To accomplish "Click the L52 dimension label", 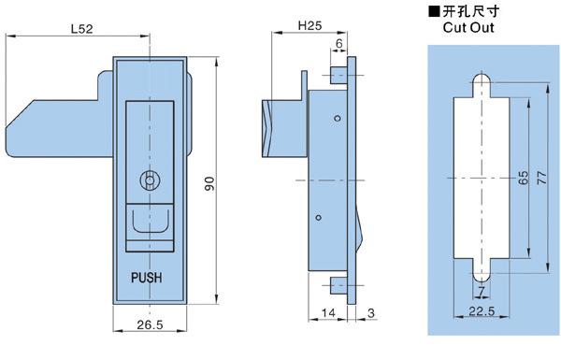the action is [81, 29].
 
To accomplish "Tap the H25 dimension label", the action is [309, 25].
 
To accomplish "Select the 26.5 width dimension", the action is [150, 324].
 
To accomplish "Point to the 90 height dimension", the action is [209, 183].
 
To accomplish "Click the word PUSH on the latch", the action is [147, 278].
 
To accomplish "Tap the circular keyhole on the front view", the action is [150, 180].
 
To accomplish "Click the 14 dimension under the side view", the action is [328, 312].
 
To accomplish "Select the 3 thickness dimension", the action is [371, 312].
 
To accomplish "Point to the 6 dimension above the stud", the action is [338, 43].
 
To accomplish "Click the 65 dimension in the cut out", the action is [523, 178].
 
